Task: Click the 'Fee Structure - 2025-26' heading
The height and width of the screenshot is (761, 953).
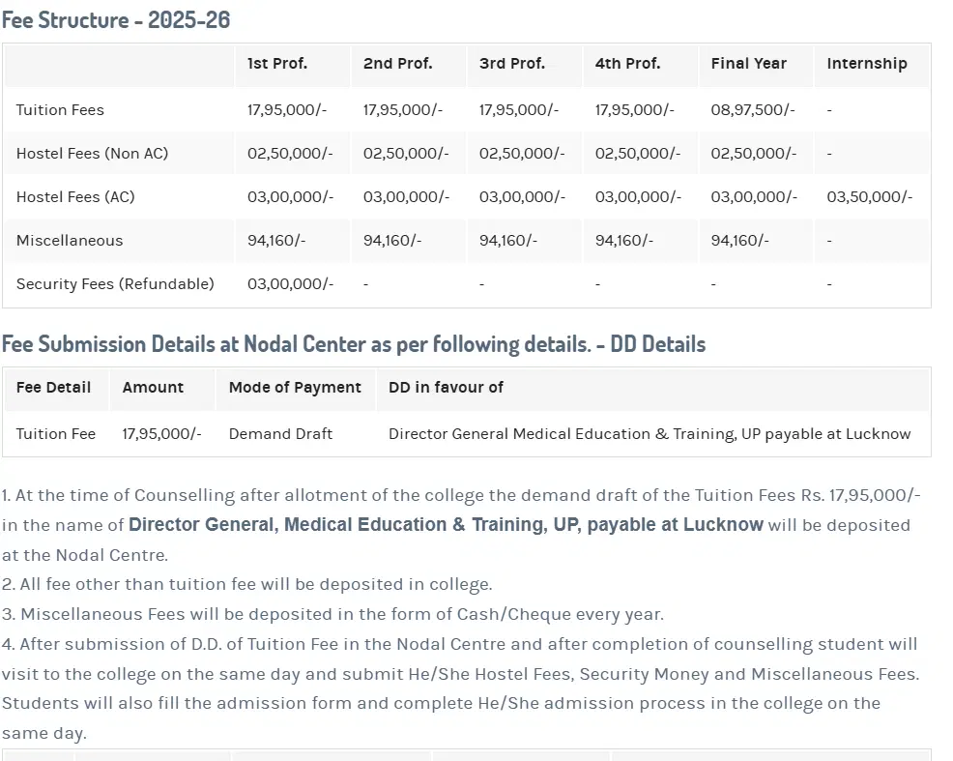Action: tap(116, 19)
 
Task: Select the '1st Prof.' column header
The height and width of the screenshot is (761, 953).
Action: tap(277, 64)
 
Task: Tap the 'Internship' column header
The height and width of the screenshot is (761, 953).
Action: tap(867, 64)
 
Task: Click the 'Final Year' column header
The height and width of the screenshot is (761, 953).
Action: tap(749, 64)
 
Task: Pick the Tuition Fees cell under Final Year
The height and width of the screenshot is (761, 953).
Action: tap(753, 110)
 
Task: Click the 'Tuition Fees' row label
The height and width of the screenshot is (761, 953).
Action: tap(60, 110)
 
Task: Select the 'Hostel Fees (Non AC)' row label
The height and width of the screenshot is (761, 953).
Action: tap(92, 154)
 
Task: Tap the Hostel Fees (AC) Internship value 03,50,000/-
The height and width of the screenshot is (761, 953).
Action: tap(869, 197)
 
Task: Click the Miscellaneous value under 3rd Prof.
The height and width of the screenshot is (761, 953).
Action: tap(508, 241)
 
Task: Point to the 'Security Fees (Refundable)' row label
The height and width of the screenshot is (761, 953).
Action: tap(115, 284)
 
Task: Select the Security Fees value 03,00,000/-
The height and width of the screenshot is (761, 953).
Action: tap(290, 284)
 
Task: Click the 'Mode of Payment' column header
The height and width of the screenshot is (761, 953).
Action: tap(295, 388)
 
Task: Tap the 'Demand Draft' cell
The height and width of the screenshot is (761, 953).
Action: tap(280, 434)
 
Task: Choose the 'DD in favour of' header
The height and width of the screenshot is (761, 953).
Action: tap(446, 388)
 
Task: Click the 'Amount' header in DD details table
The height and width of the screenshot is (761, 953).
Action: tap(153, 388)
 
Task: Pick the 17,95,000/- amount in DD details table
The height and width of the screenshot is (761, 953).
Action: tap(161, 434)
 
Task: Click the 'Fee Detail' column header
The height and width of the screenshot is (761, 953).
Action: tap(54, 388)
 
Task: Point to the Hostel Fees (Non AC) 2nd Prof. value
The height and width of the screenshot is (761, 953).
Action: tap(406, 154)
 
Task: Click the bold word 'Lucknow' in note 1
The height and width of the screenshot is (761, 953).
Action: tap(723, 525)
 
